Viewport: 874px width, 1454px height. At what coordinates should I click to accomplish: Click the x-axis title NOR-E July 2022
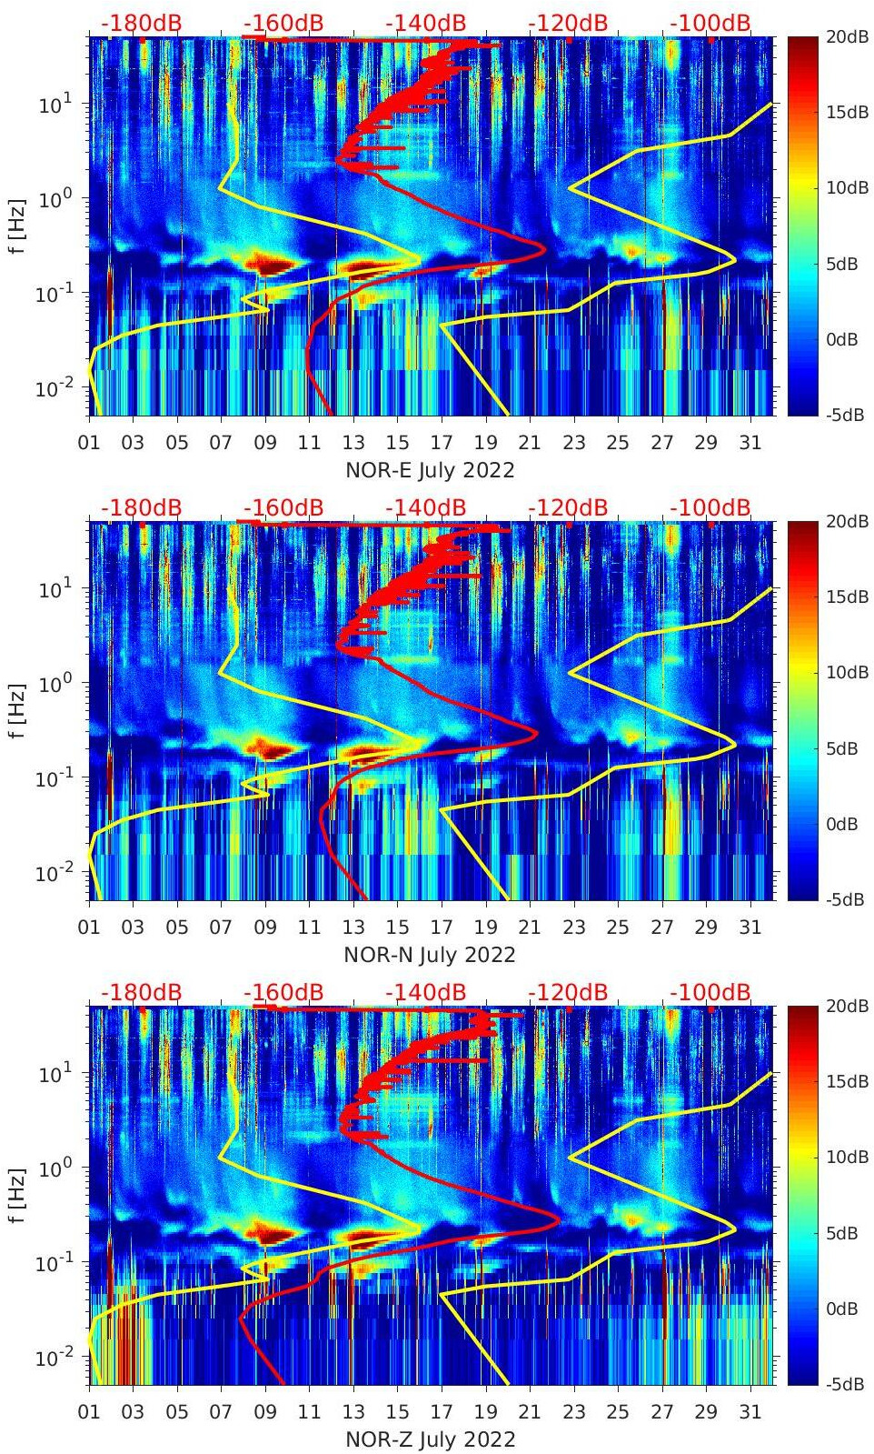(x=430, y=470)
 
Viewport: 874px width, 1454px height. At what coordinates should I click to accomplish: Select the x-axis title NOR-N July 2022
(x=430, y=955)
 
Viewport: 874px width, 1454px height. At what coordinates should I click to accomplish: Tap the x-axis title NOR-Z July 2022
(x=430, y=1439)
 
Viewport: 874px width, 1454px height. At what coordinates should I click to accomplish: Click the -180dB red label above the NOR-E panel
(x=142, y=23)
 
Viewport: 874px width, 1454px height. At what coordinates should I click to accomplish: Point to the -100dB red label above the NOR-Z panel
(x=710, y=992)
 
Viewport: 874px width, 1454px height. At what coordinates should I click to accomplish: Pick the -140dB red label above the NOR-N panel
(x=425, y=507)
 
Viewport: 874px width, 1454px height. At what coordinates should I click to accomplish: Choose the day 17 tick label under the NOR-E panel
(x=442, y=443)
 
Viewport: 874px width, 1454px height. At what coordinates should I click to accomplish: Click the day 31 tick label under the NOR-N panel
(x=750, y=928)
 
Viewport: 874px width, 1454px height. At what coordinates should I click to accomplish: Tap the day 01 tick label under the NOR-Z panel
(x=90, y=1412)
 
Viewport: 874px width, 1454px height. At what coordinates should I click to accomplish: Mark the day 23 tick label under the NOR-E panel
(x=573, y=443)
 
